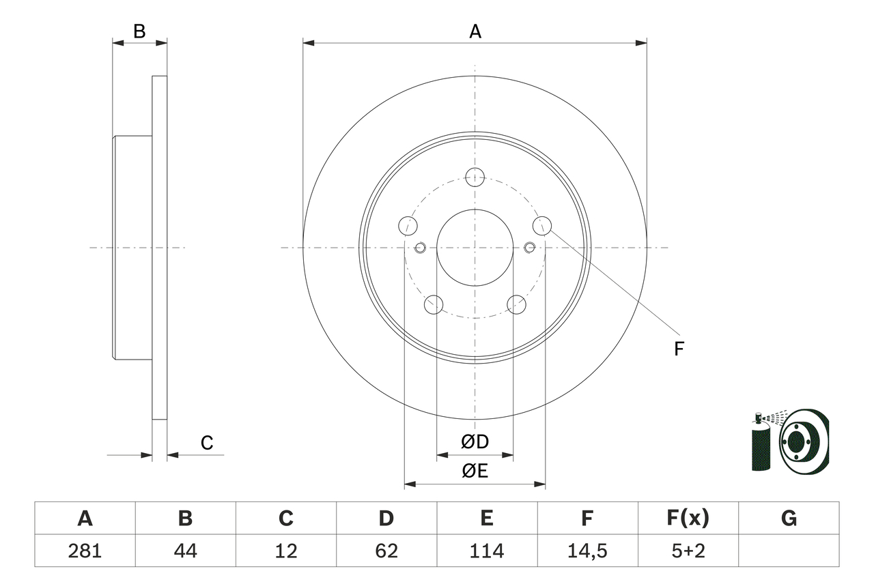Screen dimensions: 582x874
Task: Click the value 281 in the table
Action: point(85,551)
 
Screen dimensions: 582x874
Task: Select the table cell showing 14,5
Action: point(587,551)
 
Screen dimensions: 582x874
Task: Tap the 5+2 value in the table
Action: point(688,551)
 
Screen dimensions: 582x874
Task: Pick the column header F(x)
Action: point(688,519)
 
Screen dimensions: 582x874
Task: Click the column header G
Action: point(789,519)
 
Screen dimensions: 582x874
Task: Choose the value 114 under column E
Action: point(486,551)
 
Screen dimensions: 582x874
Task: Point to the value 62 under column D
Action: point(386,551)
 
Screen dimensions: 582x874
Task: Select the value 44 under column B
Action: point(185,551)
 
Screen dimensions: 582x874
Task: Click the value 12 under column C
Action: point(285,551)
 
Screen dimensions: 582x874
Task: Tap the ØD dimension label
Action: point(475,442)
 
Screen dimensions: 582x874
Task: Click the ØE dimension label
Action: point(475,471)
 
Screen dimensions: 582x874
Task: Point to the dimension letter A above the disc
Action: point(475,31)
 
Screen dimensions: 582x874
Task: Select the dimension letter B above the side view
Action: point(139,31)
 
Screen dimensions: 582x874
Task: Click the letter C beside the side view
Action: point(207,443)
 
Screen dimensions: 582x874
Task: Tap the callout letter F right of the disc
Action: point(679,349)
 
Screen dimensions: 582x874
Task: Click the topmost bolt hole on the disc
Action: point(475,177)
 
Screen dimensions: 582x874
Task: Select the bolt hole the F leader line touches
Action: point(542,224)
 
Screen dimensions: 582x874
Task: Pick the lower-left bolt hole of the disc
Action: point(434,304)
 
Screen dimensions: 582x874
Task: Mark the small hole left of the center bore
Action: point(420,247)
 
